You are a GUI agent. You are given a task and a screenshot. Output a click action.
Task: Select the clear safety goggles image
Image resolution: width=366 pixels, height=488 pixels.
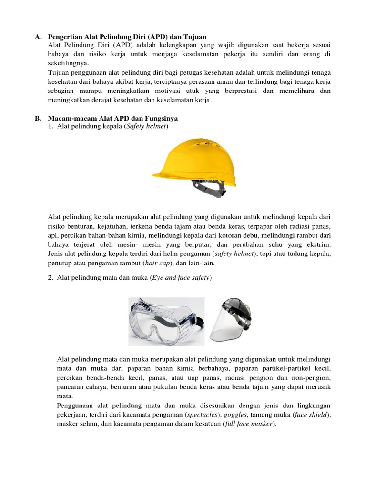click(166, 321)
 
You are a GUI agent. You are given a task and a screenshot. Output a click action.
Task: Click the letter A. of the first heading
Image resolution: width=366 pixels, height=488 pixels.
click(39, 37)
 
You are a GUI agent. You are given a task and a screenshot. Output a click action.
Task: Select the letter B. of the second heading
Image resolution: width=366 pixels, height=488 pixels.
click(39, 118)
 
